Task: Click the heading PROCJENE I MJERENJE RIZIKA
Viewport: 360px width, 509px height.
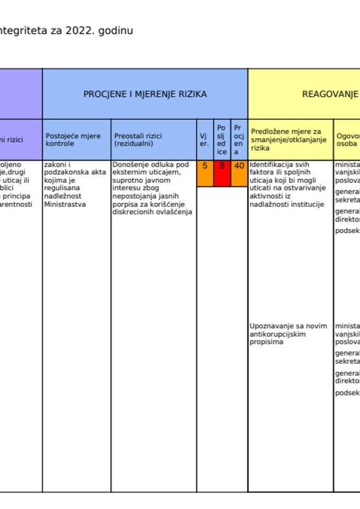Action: pos(145,94)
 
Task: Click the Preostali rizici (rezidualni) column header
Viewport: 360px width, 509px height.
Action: pos(138,139)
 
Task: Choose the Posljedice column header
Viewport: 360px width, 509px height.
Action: pos(222,139)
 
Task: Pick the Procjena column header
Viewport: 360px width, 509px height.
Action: pos(239,139)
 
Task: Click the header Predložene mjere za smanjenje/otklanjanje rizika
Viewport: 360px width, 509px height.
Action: pos(286,139)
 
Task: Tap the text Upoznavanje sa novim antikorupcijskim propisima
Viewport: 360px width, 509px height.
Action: pos(288,334)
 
